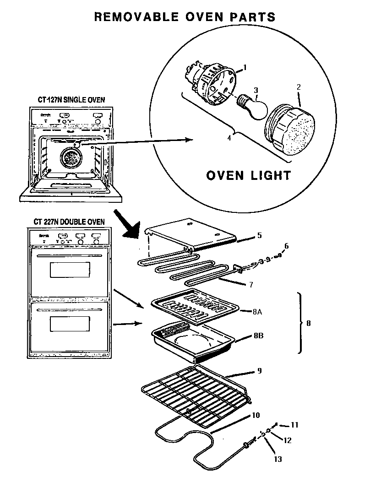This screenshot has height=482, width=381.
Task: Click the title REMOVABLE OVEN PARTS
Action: pyautogui.click(x=185, y=17)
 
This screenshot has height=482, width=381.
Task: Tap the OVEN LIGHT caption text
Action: pyautogui.click(x=247, y=175)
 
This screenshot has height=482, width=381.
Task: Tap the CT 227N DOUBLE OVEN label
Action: pyautogui.click(x=69, y=222)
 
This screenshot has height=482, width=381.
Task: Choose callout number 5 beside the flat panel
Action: pyautogui.click(x=259, y=235)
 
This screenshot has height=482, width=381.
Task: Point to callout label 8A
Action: pyautogui.click(x=256, y=312)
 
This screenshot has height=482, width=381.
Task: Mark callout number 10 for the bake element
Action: pyautogui.click(x=256, y=415)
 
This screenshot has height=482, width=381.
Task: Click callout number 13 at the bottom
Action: pyautogui.click(x=278, y=459)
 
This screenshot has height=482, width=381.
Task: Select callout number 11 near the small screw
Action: pyautogui.click(x=294, y=425)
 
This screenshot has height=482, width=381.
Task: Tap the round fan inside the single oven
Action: pyautogui.click(x=70, y=158)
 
